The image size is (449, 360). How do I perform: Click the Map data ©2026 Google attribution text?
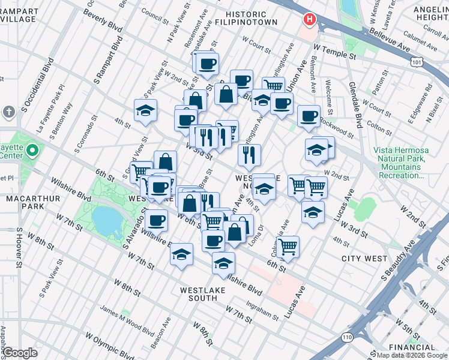pos(412,355)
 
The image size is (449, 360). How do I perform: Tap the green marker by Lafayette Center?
pos(33,150)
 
